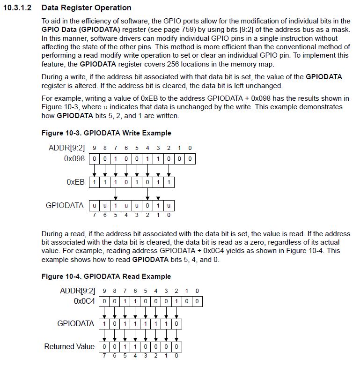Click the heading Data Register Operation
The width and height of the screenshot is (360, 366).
pyautogui.click(x=86, y=8)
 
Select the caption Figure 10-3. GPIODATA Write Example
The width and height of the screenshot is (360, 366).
pyautogui.click(x=106, y=133)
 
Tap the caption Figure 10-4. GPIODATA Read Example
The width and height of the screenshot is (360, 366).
pyautogui.click(x=106, y=276)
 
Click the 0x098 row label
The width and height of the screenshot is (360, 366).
pyautogui.click(x=74, y=159)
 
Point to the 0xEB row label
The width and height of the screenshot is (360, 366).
pyautogui.click(x=76, y=182)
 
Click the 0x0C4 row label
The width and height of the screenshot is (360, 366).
pyautogui.click(x=84, y=301)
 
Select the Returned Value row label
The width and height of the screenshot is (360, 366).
pyautogui.click(x=69, y=347)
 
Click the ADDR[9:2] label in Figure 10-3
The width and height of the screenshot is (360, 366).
pyautogui.click(x=67, y=148)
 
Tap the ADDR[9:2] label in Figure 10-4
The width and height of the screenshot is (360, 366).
pyautogui.click(x=77, y=291)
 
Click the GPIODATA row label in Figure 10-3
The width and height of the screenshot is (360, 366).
pyautogui.click(x=65, y=205)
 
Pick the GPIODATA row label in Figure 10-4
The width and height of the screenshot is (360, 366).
pyautogui.click(x=76, y=323)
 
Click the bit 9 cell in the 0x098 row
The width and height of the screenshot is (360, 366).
pyautogui.click(x=94, y=159)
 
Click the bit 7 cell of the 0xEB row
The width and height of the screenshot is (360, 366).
pyautogui.click(x=94, y=182)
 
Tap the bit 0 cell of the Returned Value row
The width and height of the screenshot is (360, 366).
pyautogui.click(x=176, y=347)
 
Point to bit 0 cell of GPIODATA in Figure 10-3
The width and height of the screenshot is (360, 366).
pyautogui.click(x=169, y=205)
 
